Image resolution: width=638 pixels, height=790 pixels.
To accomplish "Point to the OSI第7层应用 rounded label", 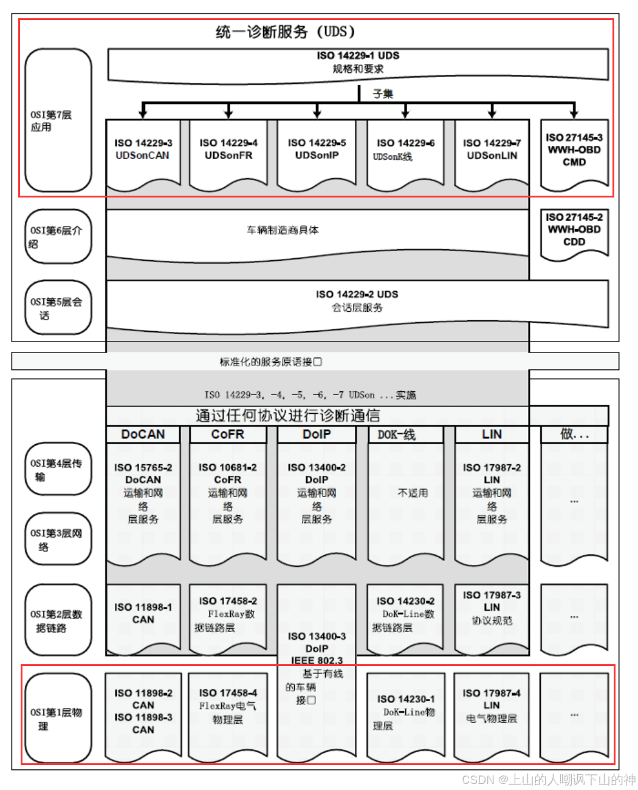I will [58, 120].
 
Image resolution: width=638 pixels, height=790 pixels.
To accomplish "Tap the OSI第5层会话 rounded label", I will [58, 308].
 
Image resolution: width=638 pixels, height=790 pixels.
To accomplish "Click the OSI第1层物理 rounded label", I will [58, 718].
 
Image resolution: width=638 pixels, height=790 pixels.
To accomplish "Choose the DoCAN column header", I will [143, 434].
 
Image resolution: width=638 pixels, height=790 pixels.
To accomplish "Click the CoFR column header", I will [228, 434].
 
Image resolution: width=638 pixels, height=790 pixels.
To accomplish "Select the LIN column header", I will [492, 434].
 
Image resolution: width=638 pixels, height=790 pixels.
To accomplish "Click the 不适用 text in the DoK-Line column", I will [413, 493].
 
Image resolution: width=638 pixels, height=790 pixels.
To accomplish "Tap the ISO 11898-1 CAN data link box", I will [143, 614].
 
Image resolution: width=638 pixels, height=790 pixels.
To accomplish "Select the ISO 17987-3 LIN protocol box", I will [492, 608].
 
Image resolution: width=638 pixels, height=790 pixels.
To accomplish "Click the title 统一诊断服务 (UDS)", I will [285, 32].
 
